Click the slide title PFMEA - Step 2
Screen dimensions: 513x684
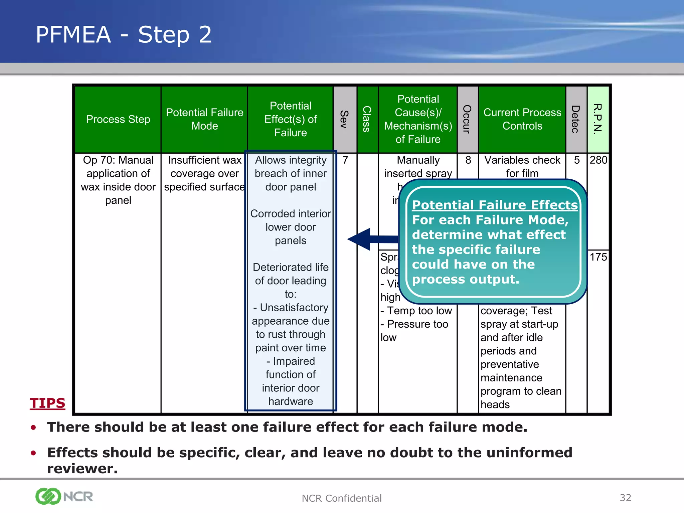click(124, 34)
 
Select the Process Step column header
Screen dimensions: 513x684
click(118, 119)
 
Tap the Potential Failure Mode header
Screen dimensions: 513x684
click(204, 119)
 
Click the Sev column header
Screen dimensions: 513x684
click(345, 119)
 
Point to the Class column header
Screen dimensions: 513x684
click(367, 119)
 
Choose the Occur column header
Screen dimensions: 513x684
click(467, 119)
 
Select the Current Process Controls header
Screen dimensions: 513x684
click(522, 119)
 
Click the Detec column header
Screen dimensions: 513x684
click(576, 119)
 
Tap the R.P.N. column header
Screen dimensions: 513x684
click(598, 119)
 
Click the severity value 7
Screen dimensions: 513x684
click(345, 160)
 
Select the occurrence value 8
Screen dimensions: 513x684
click(468, 160)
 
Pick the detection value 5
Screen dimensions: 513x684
click(577, 160)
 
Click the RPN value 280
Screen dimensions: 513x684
click(598, 160)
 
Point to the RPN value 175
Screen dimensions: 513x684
click(598, 257)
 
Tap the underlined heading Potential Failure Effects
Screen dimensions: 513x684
click(495, 205)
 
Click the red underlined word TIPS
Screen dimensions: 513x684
click(47, 403)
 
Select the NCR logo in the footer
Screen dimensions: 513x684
click(64, 496)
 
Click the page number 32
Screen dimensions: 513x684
click(625, 498)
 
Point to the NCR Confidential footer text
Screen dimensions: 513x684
click(341, 498)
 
